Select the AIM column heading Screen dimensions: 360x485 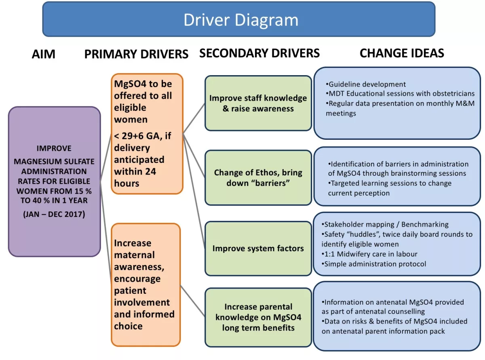tap(43, 54)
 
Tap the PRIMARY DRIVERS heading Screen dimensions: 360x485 tap(136, 54)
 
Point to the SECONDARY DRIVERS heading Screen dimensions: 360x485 tap(259, 53)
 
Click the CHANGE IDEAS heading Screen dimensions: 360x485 tap(402, 53)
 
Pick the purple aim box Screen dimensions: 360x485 tap(54, 181)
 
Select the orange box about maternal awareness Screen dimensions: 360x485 tap(145, 284)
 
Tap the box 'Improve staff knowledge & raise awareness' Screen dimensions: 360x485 tap(258, 103)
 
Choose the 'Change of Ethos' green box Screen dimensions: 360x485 tap(258, 178)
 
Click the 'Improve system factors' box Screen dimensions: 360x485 tap(258, 248)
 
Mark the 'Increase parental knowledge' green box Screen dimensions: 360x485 tap(258, 317)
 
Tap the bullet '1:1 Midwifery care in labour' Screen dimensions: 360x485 tap(371, 254)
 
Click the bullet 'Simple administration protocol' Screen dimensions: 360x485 tap(375, 264)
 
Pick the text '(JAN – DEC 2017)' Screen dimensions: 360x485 tap(54, 214)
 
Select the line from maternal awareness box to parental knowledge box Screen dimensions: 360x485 tap(192, 301)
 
